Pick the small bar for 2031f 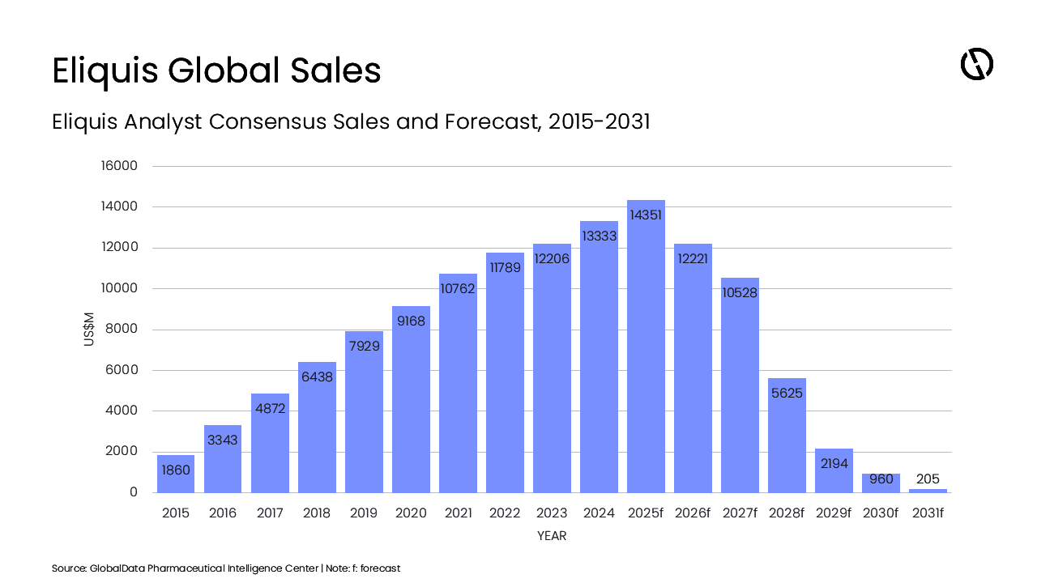coord(928,491)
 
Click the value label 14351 coord(646,215)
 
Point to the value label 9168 coord(411,321)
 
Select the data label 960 coord(881,479)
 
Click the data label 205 coord(928,479)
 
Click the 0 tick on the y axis coord(134,492)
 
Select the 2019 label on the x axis coord(364,513)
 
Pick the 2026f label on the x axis coord(693,513)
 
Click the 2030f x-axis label coord(881,513)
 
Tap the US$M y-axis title coord(89,330)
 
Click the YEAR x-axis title coord(552,536)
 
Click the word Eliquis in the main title coord(105,71)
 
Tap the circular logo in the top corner coord(976,64)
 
